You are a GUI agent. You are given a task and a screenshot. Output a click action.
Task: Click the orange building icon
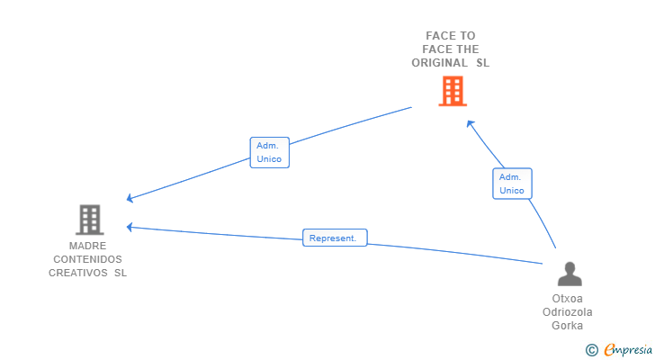click(x=453, y=91)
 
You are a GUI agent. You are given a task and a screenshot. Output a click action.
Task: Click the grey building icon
click(x=89, y=219)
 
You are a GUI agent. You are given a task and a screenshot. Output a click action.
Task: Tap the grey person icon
click(x=569, y=274)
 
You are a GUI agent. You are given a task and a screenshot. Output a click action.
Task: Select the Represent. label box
click(x=334, y=238)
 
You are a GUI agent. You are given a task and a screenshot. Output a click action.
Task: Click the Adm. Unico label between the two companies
click(x=269, y=152)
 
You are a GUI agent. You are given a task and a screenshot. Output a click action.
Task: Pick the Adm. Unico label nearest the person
click(x=512, y=184)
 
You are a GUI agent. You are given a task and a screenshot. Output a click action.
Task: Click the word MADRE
click(x=87, y=246)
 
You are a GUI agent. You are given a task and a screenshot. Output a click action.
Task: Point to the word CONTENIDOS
click(x=88, y=259)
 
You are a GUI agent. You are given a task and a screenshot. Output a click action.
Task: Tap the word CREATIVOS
click(x=78, y=273)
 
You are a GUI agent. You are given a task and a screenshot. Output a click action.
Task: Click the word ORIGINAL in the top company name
click(x=439, y=63)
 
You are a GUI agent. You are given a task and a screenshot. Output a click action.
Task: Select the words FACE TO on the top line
click(x=451, y=36)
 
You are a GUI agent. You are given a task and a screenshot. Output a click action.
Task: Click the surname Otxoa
click(x=568, y=299)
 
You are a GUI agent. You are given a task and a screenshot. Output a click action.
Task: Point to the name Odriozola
click(x=568, y=312)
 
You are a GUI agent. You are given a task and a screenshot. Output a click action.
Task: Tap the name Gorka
click(x=568, y=326)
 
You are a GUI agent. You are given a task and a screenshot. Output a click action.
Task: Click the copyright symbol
click(x=591, y=349)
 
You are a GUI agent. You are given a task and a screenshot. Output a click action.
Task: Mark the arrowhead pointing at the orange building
click(x=469, y=122)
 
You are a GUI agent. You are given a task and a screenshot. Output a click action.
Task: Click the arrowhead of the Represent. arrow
click(x=130, y=227)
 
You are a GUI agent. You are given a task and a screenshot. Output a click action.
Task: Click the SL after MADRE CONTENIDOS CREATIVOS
click(x=121, y=273)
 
